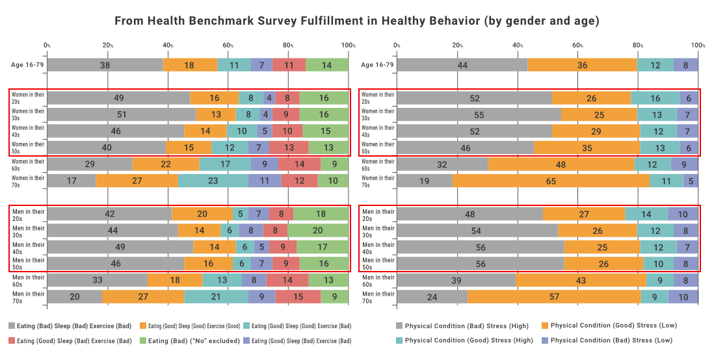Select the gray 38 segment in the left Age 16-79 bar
coord(105,65)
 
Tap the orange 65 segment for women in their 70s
coord(551,181)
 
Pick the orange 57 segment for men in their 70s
coord(554,296)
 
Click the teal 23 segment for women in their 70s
coord(213,181)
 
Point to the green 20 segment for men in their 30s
coord(317,230)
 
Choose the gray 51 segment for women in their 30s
coord(122,115)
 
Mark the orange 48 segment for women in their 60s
coord(561,164)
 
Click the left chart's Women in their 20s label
coord(28,98)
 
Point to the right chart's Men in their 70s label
coord(377,296)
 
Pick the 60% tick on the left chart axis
coord(228,45)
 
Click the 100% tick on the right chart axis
coord(698,45)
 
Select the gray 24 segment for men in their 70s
coord(432,296)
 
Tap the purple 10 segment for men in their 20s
coord(682,214)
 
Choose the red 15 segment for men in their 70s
coord(298,296)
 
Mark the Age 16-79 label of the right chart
coord(377,65)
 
